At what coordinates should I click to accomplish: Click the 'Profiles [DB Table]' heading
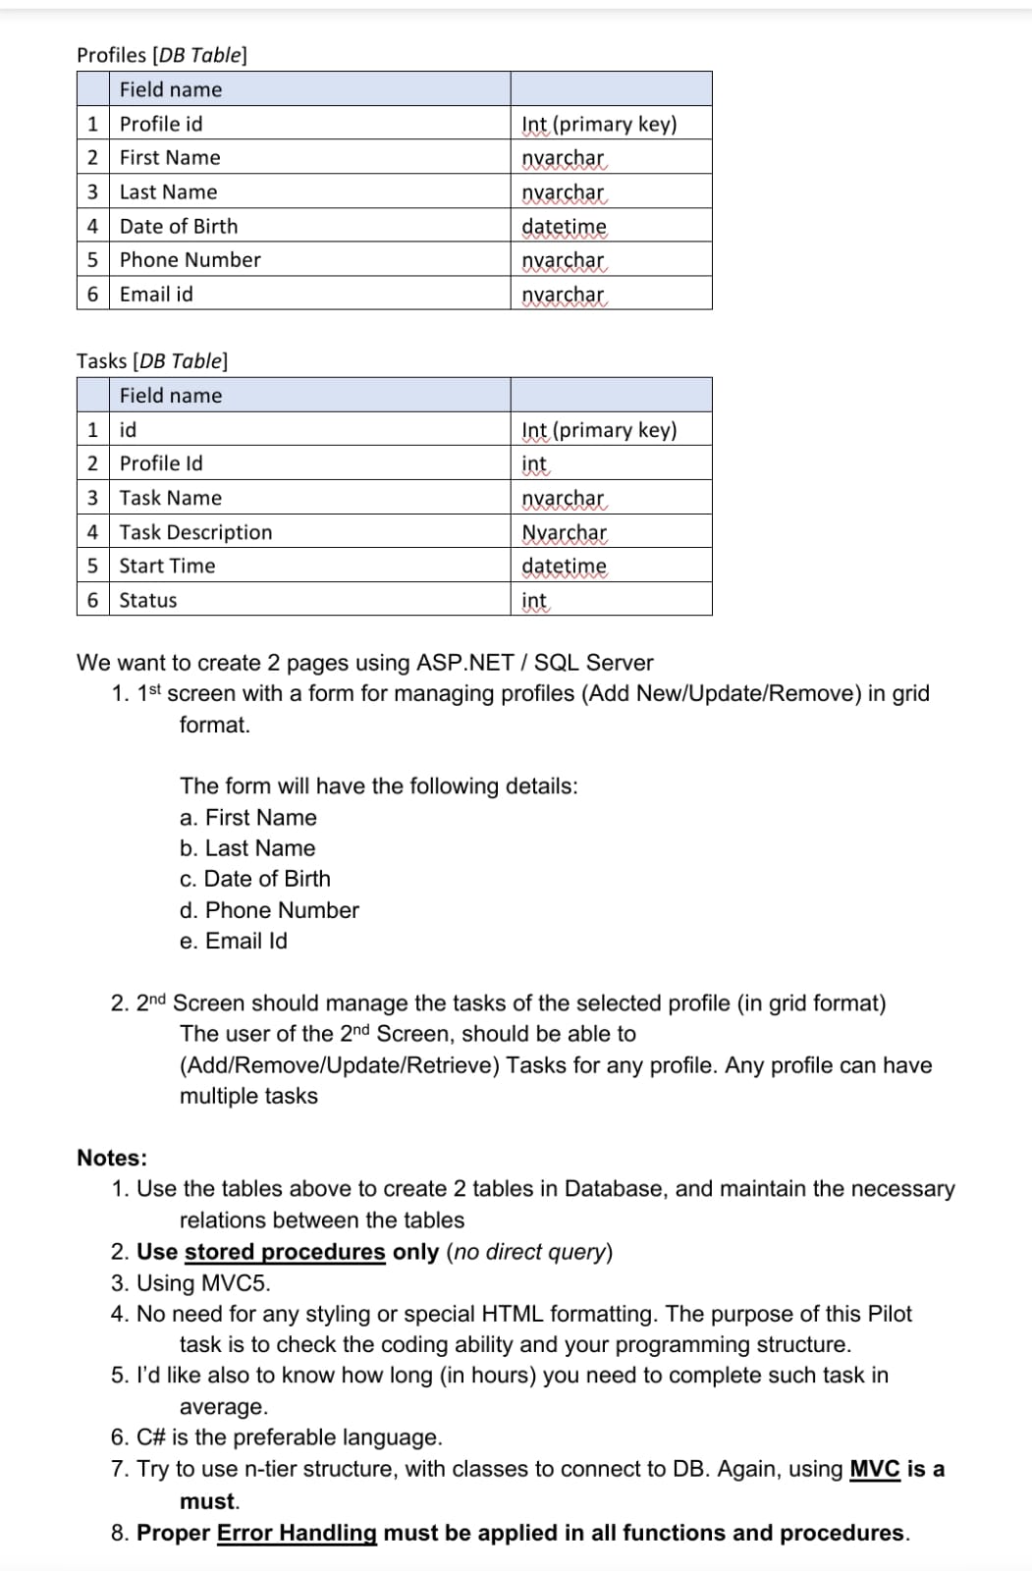coord(162,55)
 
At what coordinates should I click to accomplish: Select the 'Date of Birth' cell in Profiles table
coord(179,226)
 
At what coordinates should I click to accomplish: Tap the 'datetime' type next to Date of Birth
coord(564,227)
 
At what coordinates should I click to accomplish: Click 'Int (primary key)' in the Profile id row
coord(599,124)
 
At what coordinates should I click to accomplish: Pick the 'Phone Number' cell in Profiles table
coord(190,260)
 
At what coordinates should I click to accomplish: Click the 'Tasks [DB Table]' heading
coord(152,360)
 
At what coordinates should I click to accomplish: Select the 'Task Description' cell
coord(195,532)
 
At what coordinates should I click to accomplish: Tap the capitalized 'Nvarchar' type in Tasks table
coord(564,532)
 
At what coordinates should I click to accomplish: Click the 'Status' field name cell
coord(148,600)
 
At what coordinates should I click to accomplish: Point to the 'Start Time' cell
coord(167,566)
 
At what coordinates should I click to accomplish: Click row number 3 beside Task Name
coord(92,498)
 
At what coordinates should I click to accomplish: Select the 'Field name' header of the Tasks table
coord(171,396)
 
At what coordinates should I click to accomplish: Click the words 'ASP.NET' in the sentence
coord(465,663)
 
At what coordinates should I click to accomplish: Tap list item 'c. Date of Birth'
coord(255,879)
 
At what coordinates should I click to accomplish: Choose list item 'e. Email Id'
coord(234,941)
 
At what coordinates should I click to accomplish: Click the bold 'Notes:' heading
coord(112,1158)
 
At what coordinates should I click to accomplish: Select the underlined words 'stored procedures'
coord(285,1252)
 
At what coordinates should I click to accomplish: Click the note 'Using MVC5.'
coord(203,1283)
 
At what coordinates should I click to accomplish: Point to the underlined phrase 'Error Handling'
coord(297,1533)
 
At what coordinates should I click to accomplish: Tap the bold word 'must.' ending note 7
coord(209,1501)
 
